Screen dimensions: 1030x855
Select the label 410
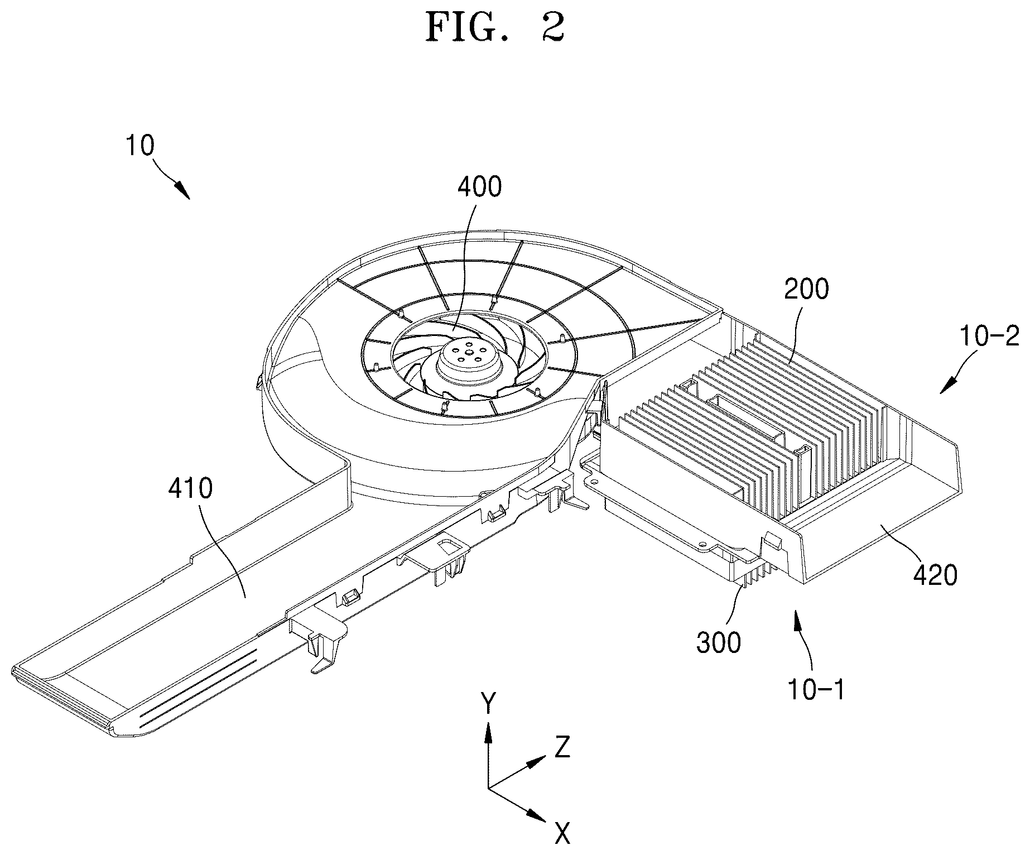click(190, 489)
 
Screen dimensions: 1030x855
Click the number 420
click(935, 575)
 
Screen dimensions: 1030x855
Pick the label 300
click(719, 643)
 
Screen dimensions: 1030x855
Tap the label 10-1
click(816, 690)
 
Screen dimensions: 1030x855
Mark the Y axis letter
click(489, 704)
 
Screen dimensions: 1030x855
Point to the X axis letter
click(562, 834)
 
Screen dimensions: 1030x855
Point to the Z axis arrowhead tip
click(545, 757)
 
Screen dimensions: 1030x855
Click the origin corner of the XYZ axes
click(489, 788)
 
